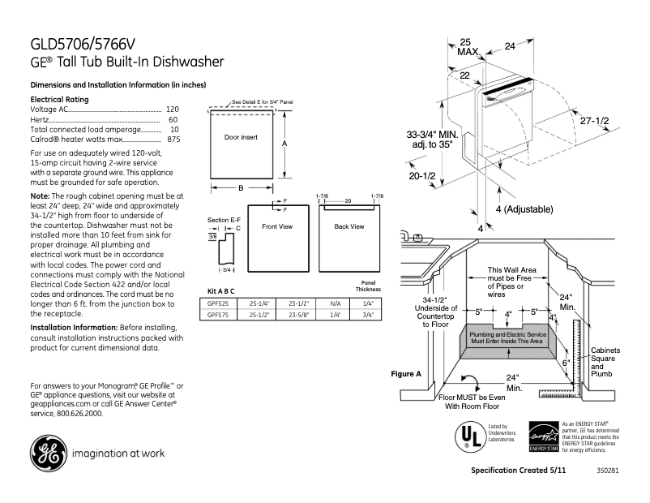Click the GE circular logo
coord(48,454)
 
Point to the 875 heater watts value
coord(173,140)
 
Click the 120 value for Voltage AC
coord(173,109)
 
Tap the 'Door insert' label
coord(241,138)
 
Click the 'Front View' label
coord(276,226)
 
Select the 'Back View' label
coord(349,226)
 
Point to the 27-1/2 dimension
coord(595,120)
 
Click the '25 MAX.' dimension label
coord(467,46)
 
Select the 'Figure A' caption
coord(406,374)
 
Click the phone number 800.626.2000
coord(80,414)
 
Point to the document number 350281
coord(606,471)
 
